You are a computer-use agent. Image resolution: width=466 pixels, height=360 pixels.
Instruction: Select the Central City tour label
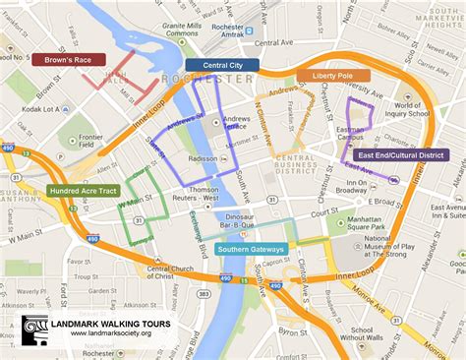tap(222, 65)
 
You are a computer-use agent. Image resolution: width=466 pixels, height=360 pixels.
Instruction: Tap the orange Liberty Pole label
tap(333, 75)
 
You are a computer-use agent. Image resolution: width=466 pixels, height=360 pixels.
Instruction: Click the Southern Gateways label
tap(252, 250)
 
